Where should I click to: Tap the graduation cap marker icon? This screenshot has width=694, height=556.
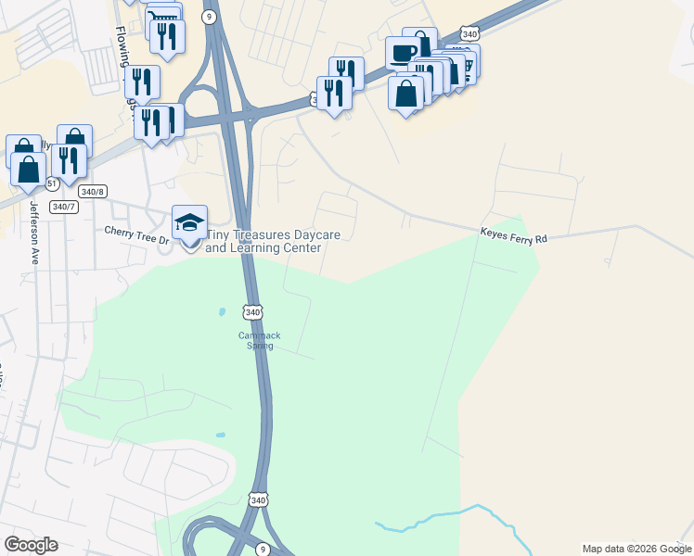[189, 223]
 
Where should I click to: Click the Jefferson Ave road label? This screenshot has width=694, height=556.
[34, 233]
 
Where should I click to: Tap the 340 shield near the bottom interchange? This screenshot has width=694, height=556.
[258, 499]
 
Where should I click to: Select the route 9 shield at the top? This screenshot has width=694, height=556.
[209, 16]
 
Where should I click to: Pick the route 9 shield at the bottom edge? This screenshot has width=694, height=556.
[263, 550]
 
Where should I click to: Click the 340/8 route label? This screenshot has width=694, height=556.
[91, 191]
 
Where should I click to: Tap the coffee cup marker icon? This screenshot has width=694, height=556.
[403, 52]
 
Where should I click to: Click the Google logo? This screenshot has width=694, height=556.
[31, 545]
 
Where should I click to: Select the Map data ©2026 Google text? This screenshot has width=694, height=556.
[636, 549]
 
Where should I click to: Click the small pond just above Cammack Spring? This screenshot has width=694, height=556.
[221, 311]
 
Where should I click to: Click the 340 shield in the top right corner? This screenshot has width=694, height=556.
[469, 34]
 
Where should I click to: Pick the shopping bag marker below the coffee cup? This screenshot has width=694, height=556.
[405, 94]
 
